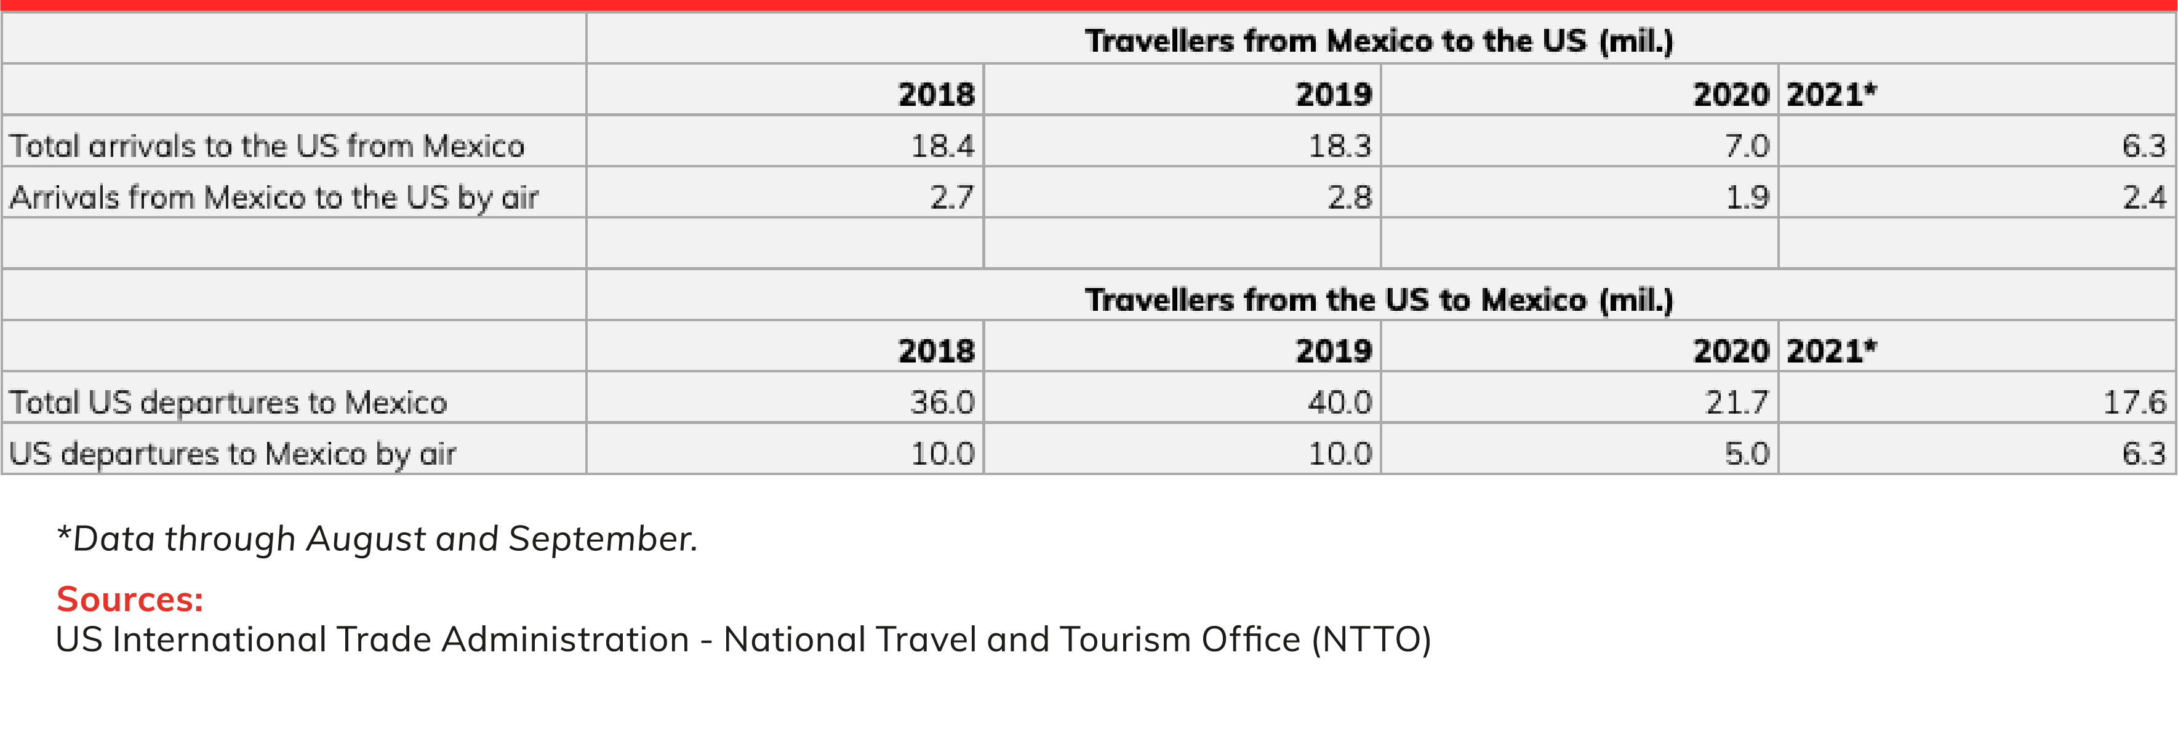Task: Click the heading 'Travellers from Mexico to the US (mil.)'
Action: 1379,41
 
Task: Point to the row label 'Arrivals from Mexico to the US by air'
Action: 274,198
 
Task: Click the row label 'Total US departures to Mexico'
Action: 228,403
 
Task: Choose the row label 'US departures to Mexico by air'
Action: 233,454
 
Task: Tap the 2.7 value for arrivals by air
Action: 952,197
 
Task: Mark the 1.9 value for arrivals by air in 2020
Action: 1747,197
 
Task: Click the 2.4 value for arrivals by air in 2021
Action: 2144,197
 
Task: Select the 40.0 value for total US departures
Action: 1340,402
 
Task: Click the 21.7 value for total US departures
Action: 1737,402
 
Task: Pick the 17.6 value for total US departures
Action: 2135,402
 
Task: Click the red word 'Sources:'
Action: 129,599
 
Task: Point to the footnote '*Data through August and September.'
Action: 377,539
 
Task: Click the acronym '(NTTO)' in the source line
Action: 1371,639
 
